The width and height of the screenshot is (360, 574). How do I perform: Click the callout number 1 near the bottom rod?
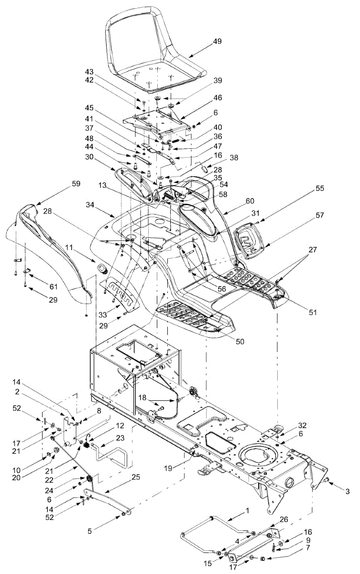pyautogui.click(x=248, y=511)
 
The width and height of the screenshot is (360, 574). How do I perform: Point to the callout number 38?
pyautogui.click(x=233, y=156)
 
